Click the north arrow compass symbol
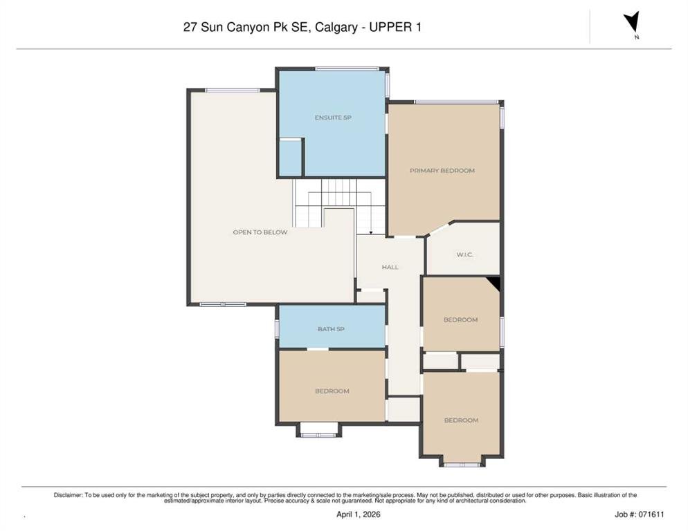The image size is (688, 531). click(631, 22)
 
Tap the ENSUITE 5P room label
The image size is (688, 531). click(333, 118)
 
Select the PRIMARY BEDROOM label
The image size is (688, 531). click(442, 171)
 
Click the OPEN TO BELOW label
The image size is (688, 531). click(260, 232)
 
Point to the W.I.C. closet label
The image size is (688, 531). click(464, 254)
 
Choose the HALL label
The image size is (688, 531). click(390, 267)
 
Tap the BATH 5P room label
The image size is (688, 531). click(331, 329)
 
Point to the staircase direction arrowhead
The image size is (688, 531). click(371, 233)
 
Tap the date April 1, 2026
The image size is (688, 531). click(358, 514)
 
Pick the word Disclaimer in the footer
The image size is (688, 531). click(68, 495)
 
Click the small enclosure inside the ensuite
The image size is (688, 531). click(290, 158)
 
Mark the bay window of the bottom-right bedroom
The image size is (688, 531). click(461, 465)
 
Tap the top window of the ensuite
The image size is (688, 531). click(347, 68)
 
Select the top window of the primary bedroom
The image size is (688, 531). click(457, 102)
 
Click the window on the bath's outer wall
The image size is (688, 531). click(278, 328)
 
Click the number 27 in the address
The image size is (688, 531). click(190, 27)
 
